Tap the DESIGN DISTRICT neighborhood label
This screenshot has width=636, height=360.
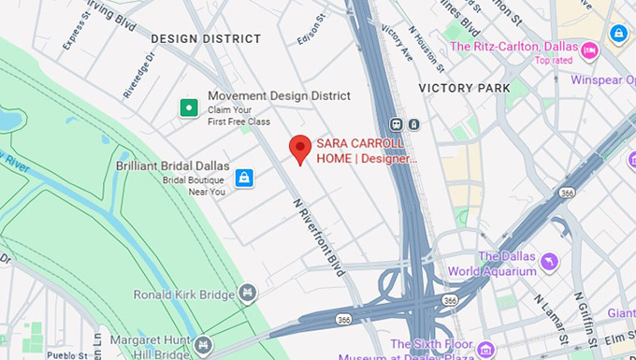click(206, 38)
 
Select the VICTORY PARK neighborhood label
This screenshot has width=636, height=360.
click(464, 88)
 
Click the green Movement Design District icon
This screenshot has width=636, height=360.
click(188, 108)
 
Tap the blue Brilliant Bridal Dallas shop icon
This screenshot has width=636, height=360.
click(243, 177)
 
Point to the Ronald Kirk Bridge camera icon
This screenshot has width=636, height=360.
click(247, 295)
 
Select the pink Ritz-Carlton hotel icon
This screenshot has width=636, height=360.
click(589, 49)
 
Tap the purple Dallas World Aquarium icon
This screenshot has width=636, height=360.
click(549, 260)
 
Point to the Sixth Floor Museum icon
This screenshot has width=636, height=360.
click(485, 350)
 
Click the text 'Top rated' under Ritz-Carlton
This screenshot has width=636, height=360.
click(553, 61)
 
